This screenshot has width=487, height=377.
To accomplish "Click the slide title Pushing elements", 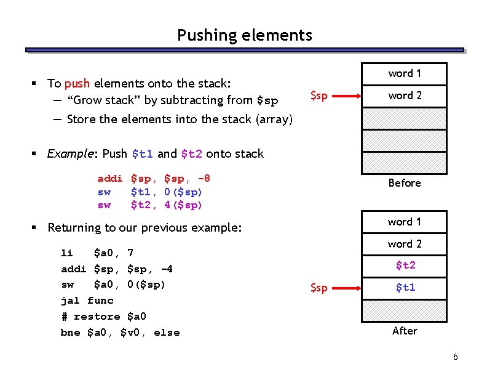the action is point(244,35).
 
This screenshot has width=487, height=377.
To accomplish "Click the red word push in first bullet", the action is point(77,83).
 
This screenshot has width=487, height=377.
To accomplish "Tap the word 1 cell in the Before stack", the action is point(405,73).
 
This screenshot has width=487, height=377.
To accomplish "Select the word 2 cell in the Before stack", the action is point(405,95).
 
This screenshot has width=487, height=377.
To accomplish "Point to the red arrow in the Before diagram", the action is point(351,96).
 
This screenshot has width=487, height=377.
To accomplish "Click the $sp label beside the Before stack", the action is point(319,95).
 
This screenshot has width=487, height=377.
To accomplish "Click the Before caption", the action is point(405,183).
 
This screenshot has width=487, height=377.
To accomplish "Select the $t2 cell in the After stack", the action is point(405,266).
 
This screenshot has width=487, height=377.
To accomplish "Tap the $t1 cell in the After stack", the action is point(405,288).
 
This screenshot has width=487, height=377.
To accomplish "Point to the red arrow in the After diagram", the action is point(351,288).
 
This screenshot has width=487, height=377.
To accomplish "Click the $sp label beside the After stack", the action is point(319,288).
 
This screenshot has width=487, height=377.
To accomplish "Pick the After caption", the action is point(405,331).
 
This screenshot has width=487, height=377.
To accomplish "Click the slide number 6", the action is point(455,357).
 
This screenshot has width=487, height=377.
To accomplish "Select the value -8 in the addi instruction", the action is point(204,179).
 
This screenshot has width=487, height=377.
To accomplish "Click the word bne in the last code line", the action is point(71,333).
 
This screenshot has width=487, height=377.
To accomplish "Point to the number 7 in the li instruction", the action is point(130,253).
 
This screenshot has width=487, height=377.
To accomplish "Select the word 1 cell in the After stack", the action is point(405,222).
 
